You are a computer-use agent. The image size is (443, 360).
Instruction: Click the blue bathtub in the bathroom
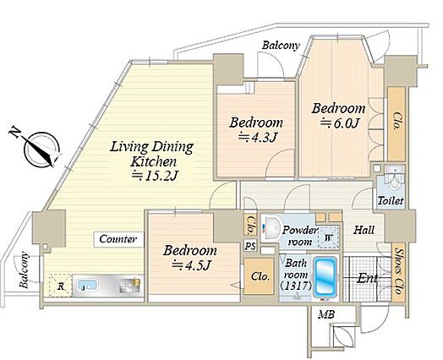(x=325, y=276)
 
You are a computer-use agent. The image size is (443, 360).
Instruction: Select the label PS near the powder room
(x=250, y=246)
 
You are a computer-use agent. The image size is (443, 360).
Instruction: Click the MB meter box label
(x=326, y=314)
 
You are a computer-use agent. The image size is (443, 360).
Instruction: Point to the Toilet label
(x=391, y=201)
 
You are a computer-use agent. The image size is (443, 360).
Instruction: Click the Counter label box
(x=118, y=239)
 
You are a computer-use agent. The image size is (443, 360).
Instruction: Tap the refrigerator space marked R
(x=60, y=285)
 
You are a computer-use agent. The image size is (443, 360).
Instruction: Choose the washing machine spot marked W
(x=328, y=237)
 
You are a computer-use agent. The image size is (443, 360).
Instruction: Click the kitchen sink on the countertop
(x=87, y=286)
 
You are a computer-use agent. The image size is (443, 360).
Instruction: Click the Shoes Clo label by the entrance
(x=399, y=271)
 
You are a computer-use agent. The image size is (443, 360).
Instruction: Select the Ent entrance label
(x=367, y=279)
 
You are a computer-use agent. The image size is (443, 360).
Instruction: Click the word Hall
(x=364, y=230)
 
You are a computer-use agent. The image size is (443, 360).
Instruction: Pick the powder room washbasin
(x=271, y=228)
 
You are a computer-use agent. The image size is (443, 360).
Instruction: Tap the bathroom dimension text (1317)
(x=296, y=286)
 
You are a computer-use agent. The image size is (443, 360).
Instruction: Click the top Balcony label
(x=281, y=46)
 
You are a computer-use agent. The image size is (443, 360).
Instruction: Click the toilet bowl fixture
(x=395, y=180)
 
